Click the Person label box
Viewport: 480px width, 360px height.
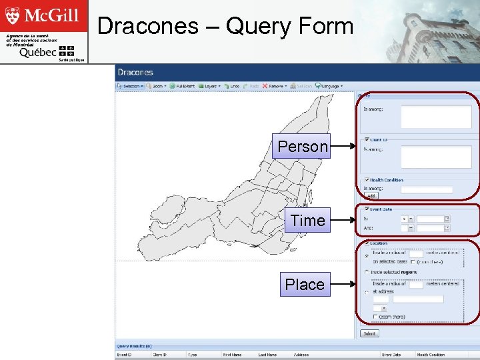click(x=303, y=146)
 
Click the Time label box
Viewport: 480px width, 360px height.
click(x=307, y=220)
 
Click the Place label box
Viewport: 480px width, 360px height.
click(x=305, y=284)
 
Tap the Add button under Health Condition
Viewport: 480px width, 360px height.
click(x=371, y=196)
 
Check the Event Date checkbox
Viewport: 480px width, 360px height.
click(x=367, y=209)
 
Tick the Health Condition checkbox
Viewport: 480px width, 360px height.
click(x=367, y=180)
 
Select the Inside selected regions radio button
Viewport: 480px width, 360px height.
click(x=367, y=273)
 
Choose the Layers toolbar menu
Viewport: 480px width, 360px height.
click(x=210, y=86)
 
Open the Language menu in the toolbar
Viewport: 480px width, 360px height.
click(x=329, y=86)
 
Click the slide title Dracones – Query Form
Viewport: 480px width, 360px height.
click(x=225, y=26)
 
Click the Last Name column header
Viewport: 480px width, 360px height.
click(x=267, y=355)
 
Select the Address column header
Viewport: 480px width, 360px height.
click(x=301, y=355)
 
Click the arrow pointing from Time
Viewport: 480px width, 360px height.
click(x=343, y=220)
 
